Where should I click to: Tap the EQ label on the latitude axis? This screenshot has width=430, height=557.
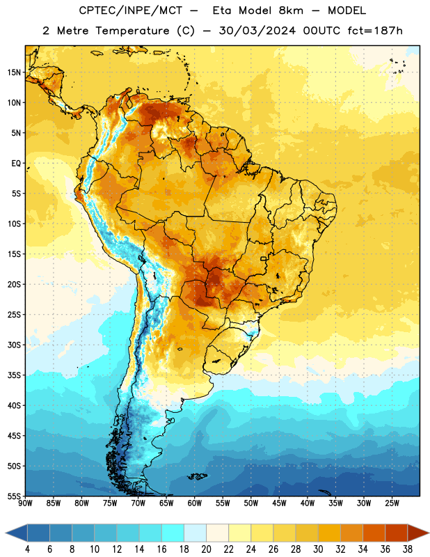pos(16,164)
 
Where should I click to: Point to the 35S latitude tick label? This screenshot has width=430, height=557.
pos(15,375)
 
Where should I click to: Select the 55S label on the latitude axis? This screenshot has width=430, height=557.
pos(15,496)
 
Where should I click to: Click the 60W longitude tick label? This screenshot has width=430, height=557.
pos(195,503)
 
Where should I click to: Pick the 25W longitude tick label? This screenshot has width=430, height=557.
pos(392,503)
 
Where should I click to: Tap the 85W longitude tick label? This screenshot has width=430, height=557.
pos(54,503)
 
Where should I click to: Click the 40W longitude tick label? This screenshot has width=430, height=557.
pos(308,503)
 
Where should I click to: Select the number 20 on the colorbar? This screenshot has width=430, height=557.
pos(206,549)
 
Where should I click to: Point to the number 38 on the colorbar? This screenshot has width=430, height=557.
pos(407,549)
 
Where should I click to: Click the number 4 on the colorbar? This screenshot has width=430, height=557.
pos(27,549)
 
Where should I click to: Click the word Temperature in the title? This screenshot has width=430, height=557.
pos(132,31)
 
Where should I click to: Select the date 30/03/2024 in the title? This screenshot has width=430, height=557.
pos(257,31)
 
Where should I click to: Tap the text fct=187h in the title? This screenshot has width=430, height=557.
pos(375,31)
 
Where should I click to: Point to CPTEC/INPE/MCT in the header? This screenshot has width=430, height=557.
pos(131,10)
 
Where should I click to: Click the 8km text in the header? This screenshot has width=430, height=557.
pos(291,10)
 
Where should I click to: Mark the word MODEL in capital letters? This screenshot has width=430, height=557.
pos(347,10)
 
